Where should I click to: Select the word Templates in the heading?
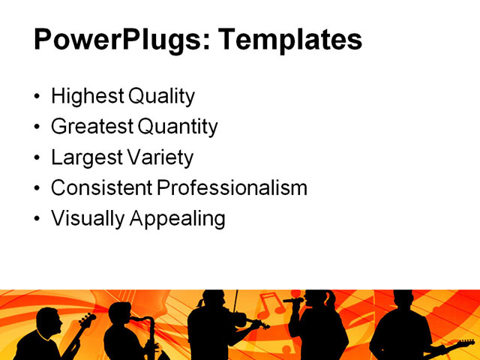point(289,39)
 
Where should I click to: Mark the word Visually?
point(86,219)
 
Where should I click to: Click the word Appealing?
point(178,219)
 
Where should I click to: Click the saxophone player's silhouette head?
point(120,313)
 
